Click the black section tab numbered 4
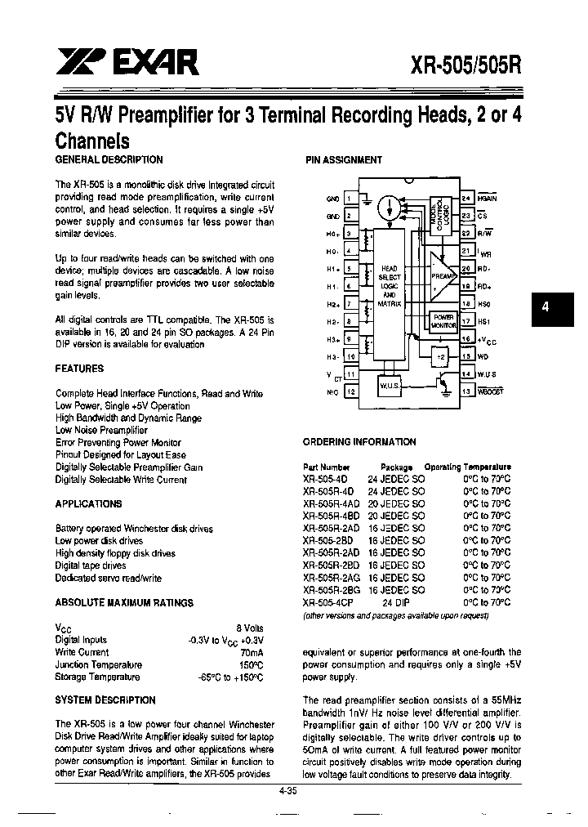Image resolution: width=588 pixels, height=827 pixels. (x=545, y=308)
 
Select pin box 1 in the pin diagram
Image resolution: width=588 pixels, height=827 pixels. (x=349, y=198)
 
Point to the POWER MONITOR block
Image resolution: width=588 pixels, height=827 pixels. (x=443, y=320)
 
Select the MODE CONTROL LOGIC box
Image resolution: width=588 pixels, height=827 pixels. (x=442, y=214)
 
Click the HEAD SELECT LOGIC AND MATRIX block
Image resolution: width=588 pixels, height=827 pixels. (x=390, y=286)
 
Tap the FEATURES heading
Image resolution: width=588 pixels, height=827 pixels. (x=79, y=369)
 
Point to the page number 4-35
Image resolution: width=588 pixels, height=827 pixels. (x=287, y=790)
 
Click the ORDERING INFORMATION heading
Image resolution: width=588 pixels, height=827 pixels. (x=360, y=442)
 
